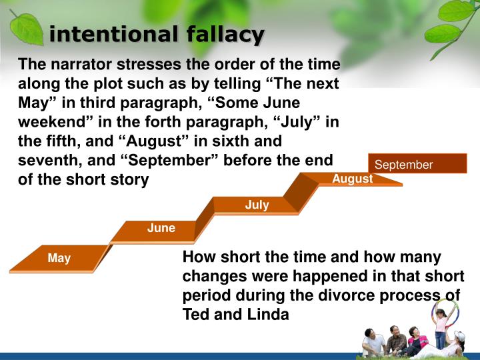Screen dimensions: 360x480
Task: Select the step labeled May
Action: tap(59, 258)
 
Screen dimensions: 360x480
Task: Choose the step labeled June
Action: tap(161, 228)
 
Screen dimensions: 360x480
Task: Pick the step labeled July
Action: tap(257, 205)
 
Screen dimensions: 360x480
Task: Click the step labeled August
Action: tap(352, 179)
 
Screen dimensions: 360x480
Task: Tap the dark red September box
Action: tap(417, 165)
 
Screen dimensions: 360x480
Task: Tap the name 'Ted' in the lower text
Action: tap(196, 315)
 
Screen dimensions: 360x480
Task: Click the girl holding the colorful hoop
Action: tap(441, 327)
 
